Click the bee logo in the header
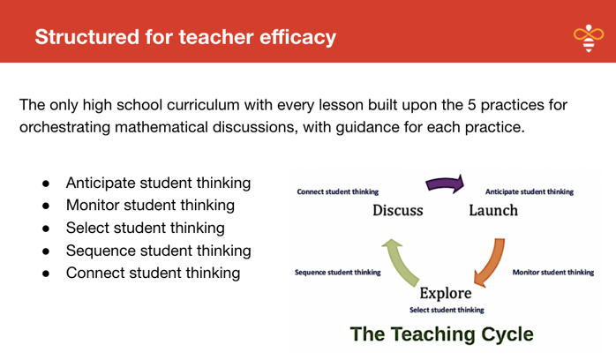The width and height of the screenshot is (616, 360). pos(588,38)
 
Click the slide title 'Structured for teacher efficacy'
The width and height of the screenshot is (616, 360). pos(185,37)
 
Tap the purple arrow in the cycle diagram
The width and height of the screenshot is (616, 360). pos(445,185)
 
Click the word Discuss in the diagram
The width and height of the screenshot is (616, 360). pos(397,211)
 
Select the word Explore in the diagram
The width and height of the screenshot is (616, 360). pos(445,292)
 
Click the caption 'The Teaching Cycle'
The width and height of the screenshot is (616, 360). pos(441,334)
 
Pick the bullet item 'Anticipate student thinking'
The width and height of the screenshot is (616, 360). pos(158,184)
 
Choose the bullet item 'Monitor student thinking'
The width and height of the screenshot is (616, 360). pos(150,206)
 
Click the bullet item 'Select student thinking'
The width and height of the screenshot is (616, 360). pos(144,228)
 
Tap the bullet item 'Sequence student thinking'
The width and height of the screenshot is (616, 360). pos(158,251)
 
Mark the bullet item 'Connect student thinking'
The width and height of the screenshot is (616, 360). pos(153,273)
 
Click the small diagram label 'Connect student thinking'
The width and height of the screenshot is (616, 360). pos(338,191)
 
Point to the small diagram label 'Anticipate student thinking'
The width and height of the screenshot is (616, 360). pos(529,191)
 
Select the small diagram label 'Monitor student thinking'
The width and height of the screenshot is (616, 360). pos(553,272)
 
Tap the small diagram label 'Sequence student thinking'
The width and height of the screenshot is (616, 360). pos(337,272)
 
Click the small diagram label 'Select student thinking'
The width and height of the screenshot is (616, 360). pos(446,310)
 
